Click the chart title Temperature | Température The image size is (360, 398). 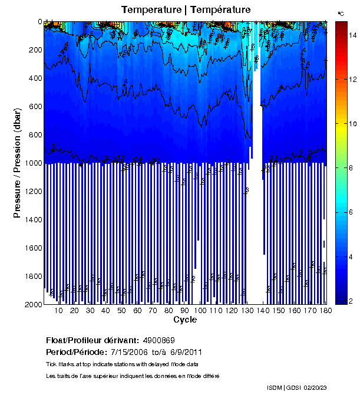pyautogui.click(x=186, y=10)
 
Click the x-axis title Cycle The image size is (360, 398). pyautogui.click(x=185, y=320)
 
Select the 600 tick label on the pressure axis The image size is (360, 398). pyautogui.click(x=32, y=106)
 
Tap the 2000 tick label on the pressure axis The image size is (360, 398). pyautogui.click(x=31, y=304)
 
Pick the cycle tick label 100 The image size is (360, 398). pyautogui.click(x=201, y=311)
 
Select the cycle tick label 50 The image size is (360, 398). pyautogui.click(x=121, y=311)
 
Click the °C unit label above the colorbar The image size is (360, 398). pyautogui.click(x=341, y=13)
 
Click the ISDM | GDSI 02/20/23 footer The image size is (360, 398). pyautogui.click(x=296, y=388)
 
